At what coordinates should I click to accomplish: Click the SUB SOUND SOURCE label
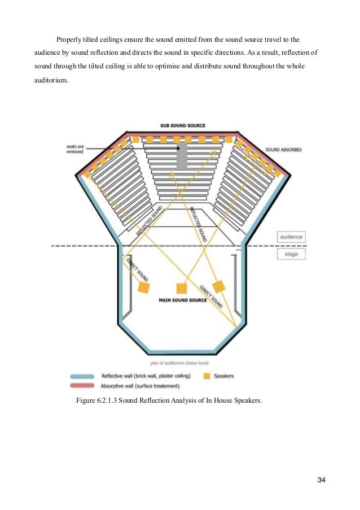(x=182, y=125)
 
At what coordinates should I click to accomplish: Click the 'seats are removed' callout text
(x=75, y=149)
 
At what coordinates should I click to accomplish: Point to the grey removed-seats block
(x=182, y=155)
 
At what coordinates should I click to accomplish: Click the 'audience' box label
(x=291, y=237)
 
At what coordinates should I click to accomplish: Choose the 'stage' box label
(x=291, y=254)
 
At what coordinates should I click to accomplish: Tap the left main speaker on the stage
(x=144, y=287)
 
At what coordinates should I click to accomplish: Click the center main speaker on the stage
(x=182, y=288)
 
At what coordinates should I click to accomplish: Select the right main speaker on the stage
(x=218, y=286)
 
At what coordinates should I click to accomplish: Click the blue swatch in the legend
(x=83, y=376)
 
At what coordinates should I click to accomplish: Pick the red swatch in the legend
(x=83, y=386)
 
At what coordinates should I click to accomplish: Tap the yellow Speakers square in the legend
(x=207, y=376)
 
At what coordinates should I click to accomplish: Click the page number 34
(x=322, y=480)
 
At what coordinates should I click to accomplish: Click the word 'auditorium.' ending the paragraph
(x=51, y=80)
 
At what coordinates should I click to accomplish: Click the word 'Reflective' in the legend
(x=113, y=376)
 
